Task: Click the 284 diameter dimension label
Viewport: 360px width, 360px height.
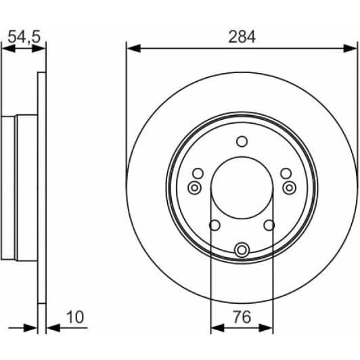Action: click(x=242, y=37)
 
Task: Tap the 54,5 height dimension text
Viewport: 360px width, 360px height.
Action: click(x=24, y=37)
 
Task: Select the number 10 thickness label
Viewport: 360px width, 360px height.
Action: click(x=75, y=316)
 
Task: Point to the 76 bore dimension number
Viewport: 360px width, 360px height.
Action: click(x=242, y=316)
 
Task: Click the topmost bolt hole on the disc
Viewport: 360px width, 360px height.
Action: click(x=242, y=141)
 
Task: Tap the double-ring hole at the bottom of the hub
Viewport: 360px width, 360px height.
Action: click(x=242, y=250)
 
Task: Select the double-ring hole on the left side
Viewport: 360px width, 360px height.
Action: click(x=194, y=187)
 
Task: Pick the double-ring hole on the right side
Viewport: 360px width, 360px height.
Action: click(x=289, y=187)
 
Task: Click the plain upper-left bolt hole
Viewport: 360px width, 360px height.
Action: click(x=198, y=173)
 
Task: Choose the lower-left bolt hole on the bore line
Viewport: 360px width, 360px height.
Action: click(x=214, y=225)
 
